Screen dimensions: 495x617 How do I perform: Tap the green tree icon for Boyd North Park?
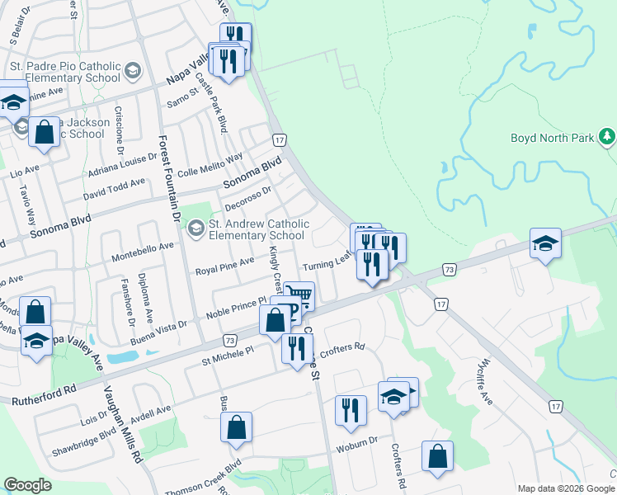[607, 135]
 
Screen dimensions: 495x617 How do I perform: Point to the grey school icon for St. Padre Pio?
[132, 73]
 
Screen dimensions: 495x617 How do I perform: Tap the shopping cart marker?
[299, 295]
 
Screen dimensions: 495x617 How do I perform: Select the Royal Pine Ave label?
[224, 266]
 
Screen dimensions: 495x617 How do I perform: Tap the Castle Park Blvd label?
[212, 106]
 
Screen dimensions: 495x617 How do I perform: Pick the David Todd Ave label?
[114, 188]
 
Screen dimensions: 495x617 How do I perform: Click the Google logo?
[28, 485]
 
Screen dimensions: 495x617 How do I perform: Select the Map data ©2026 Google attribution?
[565, 488]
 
